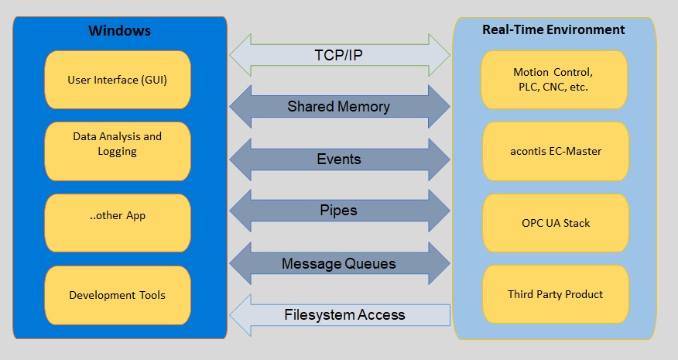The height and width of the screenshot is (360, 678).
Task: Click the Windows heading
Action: pos(119,30)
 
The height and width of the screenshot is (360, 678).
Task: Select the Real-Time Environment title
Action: pos(553,29)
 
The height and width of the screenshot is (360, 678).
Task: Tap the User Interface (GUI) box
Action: pos(117,80)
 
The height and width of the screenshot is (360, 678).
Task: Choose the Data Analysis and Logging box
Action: pos(117,151)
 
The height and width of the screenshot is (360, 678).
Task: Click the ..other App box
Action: pos(117,223)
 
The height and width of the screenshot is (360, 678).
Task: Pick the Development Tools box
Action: pos(117,295)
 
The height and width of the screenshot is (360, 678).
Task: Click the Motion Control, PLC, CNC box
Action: pos(554,80)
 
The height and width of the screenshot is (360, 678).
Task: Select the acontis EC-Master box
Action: pos(556,151)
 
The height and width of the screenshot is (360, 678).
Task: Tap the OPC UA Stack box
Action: pos(556,223)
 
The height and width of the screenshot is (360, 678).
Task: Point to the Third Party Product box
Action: pos(556,294)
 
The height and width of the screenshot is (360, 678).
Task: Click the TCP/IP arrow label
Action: pos(338,56)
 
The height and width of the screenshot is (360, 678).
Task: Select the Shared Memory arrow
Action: pos(340,106)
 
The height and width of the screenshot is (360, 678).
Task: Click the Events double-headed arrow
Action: pos(340,159)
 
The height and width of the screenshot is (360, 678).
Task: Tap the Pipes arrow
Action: pos(340,211)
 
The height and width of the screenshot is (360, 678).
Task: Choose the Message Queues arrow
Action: pos(340,263)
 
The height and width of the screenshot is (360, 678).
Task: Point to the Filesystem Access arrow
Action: pos(340,315)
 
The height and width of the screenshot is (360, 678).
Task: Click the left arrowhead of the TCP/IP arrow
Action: pos(240,56)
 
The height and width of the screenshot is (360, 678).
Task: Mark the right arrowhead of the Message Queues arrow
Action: pos(440,263)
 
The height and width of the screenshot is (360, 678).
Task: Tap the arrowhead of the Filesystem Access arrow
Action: pos(240,315)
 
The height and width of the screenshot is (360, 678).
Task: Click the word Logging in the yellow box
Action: pos(117,152)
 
